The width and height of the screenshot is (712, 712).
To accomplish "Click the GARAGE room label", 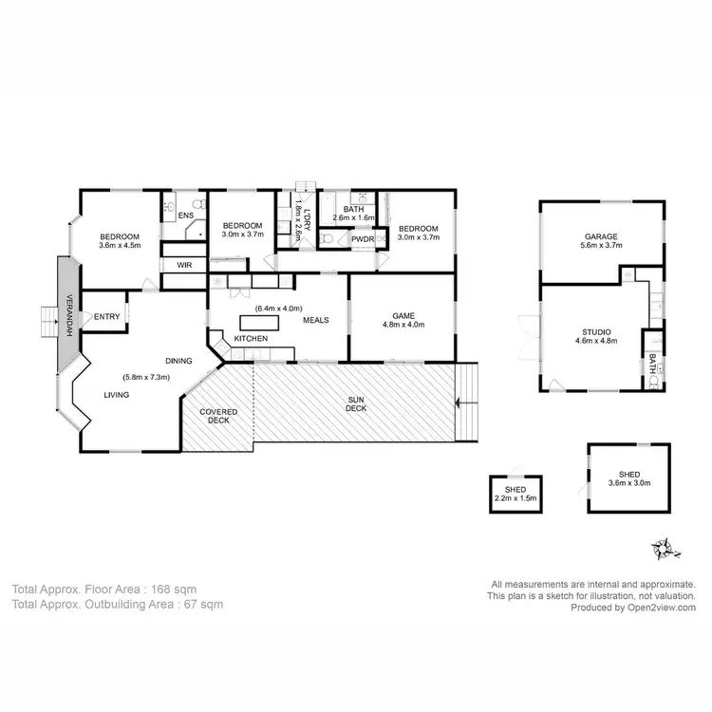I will pyautogui.click(x=601, y=236).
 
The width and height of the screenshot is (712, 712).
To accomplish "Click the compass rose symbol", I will pyautogui.click(x=663, y=548).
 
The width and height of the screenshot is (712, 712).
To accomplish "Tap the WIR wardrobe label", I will pyautogui.click(x=184, y=265).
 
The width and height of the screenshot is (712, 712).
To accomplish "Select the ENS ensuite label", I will pyautogui.click(x=186, y=216).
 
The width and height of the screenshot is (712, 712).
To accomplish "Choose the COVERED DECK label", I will pyautogui.click(x=218, y=417).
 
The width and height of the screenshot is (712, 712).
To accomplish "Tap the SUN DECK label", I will pyautogui.click(x=353, y=403).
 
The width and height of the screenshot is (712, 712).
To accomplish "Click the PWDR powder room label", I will pyautogui.click(x=363, y=239).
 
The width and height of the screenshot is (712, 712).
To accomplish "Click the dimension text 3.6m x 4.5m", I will pyautogui.click(x=120, y=245).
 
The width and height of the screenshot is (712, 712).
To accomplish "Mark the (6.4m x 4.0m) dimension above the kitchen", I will pyautogui.click(x=278, y=308).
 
